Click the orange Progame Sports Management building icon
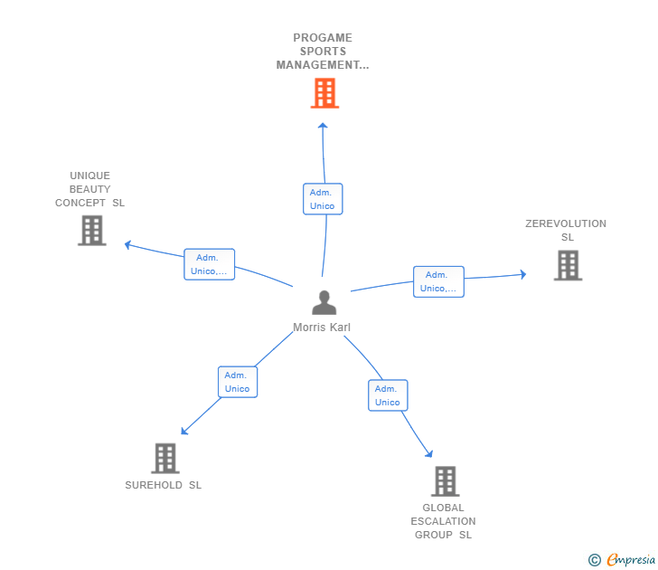[x=324, y=92]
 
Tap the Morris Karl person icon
[x=324, y=303]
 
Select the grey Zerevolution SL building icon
[x=568, y=265]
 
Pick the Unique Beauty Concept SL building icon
[x=91, y=231]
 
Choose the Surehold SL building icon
[x=164, y=459]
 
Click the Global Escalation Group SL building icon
[x=445, y=481]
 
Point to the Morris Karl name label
[x=322, y=328]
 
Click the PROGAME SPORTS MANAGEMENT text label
[x=323, y=52]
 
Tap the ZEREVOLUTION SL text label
[x=566, y=231]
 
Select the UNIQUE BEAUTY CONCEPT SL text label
[x=89, y=189]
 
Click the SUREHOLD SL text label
[x=164, y=485]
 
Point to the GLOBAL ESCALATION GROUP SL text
[x=443, y=521]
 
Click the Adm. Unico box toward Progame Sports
[x=323, y=199]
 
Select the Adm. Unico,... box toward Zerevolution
[x=438, y=281]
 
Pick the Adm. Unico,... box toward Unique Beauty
[x=210, y=264]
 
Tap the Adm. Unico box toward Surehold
[x=238, y=382]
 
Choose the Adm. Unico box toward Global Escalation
[x=388, y=395]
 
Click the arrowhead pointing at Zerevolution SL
[x=522, y=274]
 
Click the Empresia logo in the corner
[x=623, y=560]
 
